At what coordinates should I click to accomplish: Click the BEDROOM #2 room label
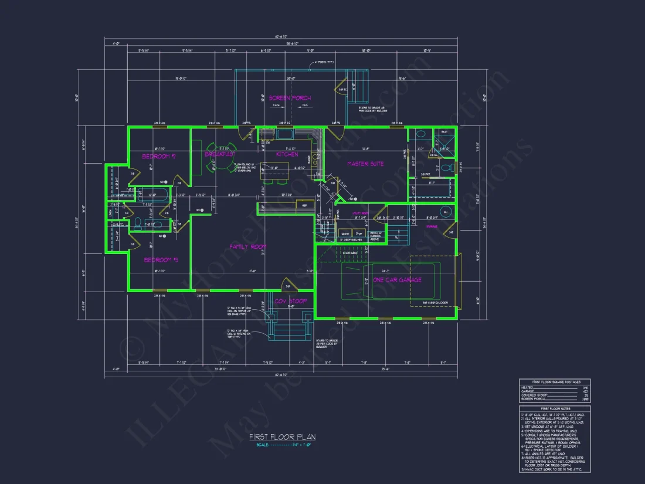[159, 157]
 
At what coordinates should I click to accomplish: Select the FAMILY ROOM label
[248, 247]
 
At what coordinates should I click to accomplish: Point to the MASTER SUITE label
[365, 164]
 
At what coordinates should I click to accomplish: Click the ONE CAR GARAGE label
[397, 280]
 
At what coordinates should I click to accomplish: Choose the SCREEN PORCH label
[290, 98]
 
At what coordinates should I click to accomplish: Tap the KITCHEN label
[287, 154]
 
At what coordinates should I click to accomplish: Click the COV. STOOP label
[291, 302]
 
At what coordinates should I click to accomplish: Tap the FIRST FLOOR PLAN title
[281, 437]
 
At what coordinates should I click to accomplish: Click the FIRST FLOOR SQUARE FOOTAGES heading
[554, 381]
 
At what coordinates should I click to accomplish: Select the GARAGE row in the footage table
[554, 391]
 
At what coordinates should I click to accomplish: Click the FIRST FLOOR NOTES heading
[554, 408]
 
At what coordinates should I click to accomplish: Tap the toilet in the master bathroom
[448, 168]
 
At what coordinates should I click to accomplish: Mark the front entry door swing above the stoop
[288, 286]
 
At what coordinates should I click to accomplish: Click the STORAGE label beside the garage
[432, 226]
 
